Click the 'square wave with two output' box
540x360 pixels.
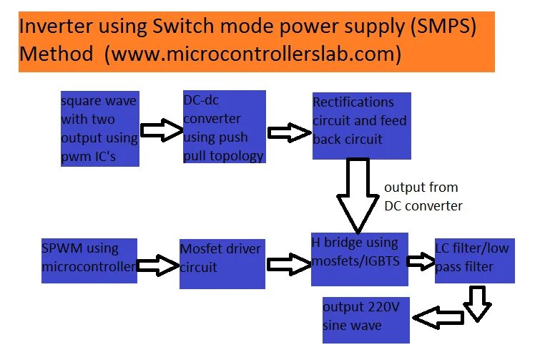click(x=99, y=129)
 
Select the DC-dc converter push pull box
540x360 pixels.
click(x=224, y=127)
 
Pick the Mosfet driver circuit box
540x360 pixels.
click(x=222, y=263)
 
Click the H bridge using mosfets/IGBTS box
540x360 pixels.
click(x=359, y=260)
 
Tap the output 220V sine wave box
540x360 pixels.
click(x=365, y=318)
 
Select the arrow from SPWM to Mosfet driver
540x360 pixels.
click(x=157, y=266)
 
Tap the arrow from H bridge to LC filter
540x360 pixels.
click(x=421, y=263)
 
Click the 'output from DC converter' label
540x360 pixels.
click(x=423, y=196)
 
